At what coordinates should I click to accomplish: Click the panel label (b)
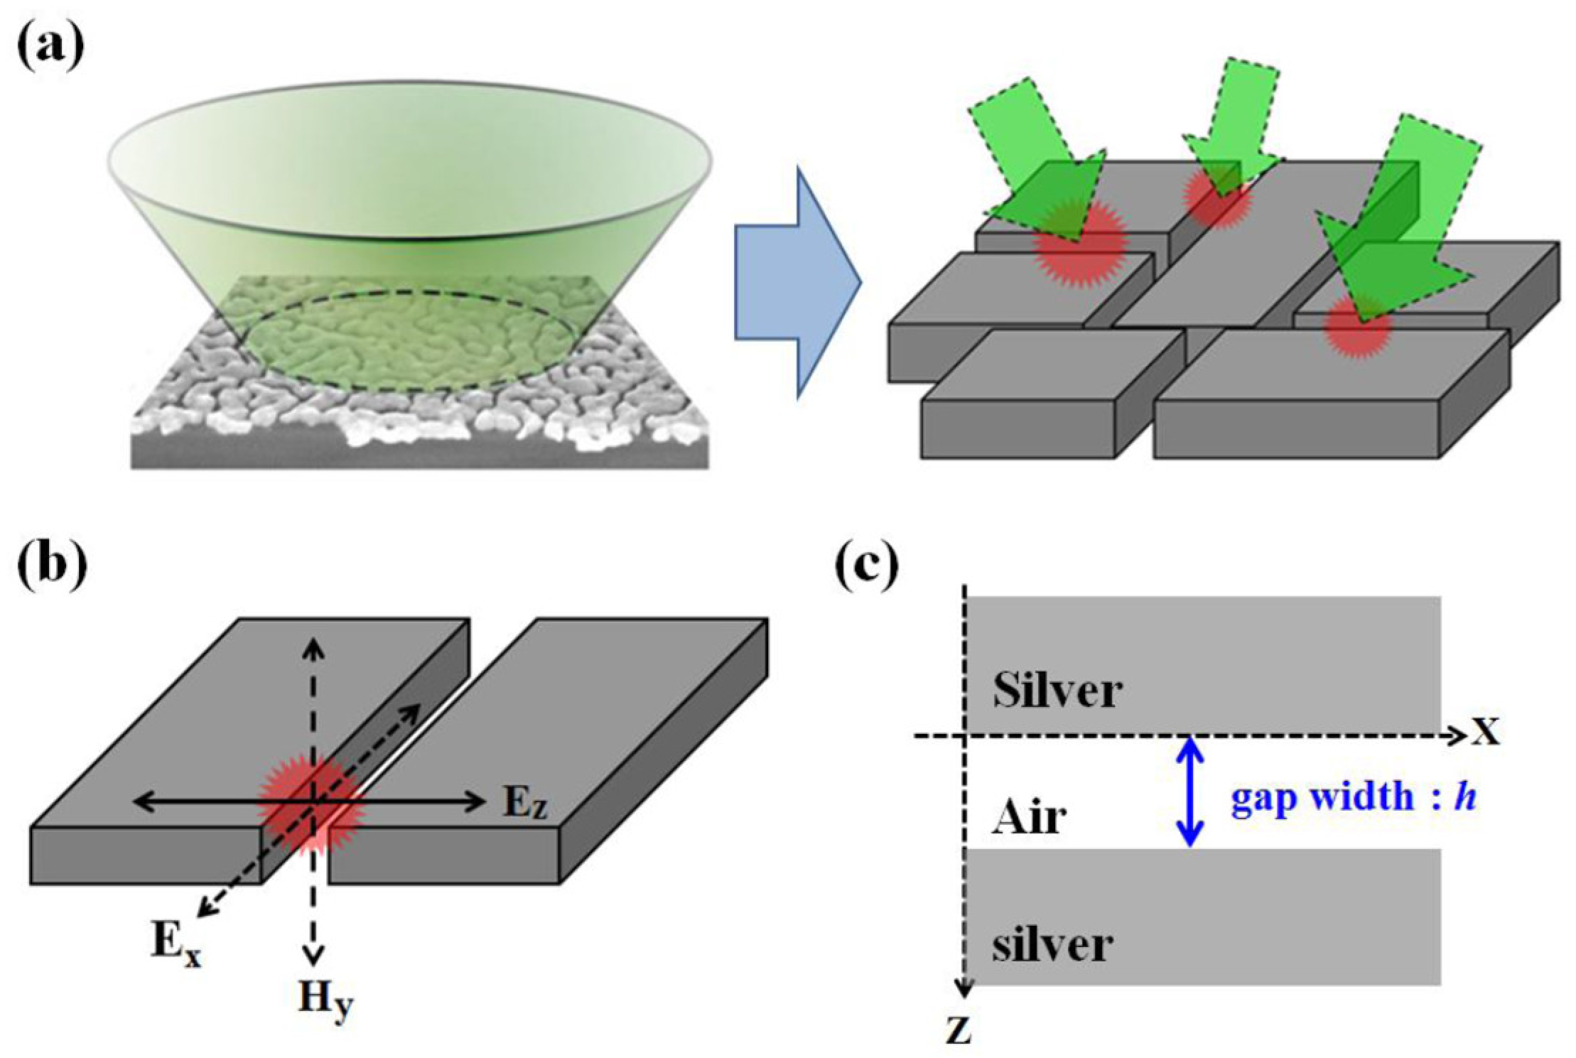coord(51,568)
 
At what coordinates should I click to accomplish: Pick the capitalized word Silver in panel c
coord(1057,690)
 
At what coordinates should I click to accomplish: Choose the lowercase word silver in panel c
coord(1052,945)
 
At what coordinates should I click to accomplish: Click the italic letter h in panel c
coord(1465,797)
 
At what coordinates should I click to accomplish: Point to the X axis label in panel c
coord(1485,732)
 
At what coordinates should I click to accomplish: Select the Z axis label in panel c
coord(959,1030)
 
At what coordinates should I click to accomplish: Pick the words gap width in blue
coord(1322,797)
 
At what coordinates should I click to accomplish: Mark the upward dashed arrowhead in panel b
coord(315,647)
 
